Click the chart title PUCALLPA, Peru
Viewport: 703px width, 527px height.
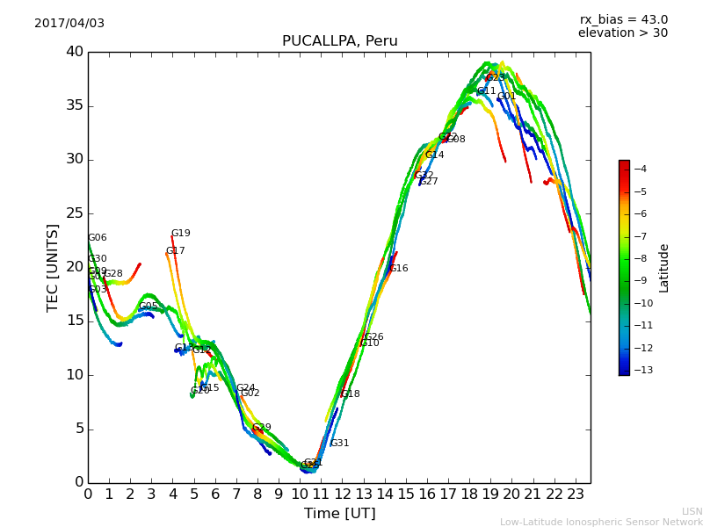pyautogui.click(x=339, y=41)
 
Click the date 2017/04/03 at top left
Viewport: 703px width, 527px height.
pyautogui.click(x=69, y=23)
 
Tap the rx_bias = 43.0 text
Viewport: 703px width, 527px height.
pyautogui.click(x=624, y=19)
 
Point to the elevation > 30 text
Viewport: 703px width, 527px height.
pyautogui.click(x=623, y=33)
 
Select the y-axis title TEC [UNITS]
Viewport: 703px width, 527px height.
pyautogui.click(x=53, y=267)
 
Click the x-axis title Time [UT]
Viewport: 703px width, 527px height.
pyautogui.click(x=339, y=514)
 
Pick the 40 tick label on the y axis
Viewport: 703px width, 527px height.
pyautogui.click(x=74, y=52)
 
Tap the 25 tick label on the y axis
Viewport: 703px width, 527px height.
pyautogui.click(x=74, y=213)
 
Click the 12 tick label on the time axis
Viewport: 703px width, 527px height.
pyautogui.click(x=342, y=495)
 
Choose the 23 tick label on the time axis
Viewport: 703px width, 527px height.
pyautogui.click(x=576, y=495)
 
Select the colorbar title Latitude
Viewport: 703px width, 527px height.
pyautogui.click(x=664, y=267)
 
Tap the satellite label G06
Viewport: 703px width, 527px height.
pyautogui.click(x=98, y=238)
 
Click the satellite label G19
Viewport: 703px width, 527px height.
pyautogui.click(x=180, y=234)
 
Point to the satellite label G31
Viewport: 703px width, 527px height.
pyautogui.click(x=339, y=444)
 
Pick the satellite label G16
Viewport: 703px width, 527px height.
pyautogui.click(x=399, y=269)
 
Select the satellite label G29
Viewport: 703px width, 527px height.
pyautogui.click(x=262, y=428)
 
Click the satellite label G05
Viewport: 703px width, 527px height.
pyautogui.click(x=149, y=307)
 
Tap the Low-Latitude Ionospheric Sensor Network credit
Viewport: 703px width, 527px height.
pyautogui.click(x=601, y=522)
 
